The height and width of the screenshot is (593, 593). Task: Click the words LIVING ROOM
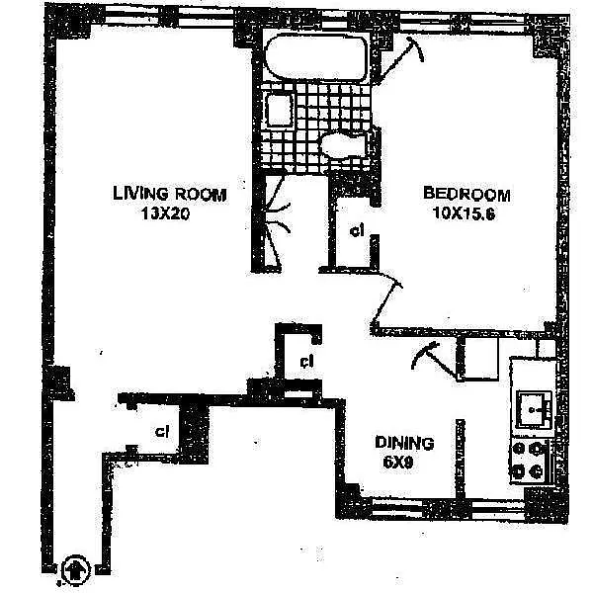169,195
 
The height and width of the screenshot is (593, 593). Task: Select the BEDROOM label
466,194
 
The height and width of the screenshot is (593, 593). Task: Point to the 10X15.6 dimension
466,212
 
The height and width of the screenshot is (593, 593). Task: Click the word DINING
402,444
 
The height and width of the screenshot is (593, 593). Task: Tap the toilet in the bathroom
345,145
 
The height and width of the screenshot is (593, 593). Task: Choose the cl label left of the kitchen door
306,361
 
